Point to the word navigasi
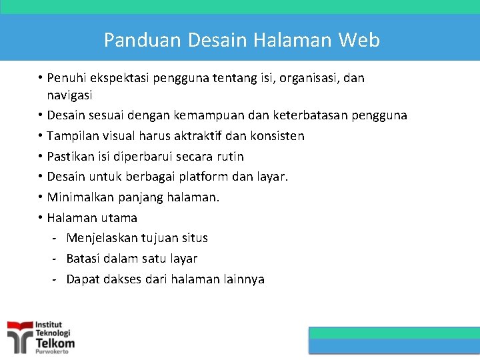[x=69, y=95]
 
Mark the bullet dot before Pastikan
[x=41, y=156]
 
